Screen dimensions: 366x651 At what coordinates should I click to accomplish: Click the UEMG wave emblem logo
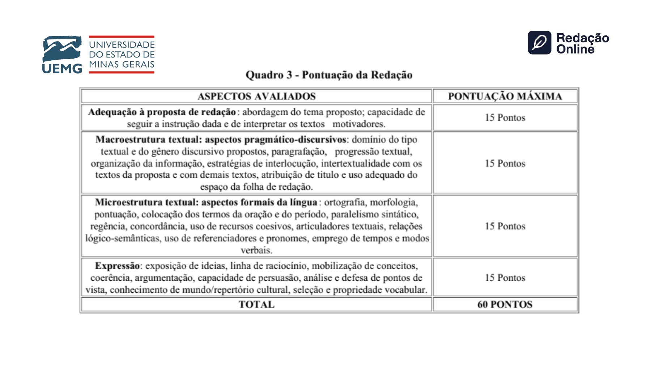[x=62, y=48]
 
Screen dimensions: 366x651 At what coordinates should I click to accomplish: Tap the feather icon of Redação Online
[x=539, y=43]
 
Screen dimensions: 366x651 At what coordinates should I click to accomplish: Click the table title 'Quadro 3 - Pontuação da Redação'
[x=329, y=75]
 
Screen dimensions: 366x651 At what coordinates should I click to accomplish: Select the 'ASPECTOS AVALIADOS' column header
[x=256, y=96]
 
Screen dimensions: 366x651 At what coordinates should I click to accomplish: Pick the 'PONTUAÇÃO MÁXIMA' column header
[x=505, y=96]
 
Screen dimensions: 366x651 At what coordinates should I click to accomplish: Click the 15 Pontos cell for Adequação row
[x=505, y=117]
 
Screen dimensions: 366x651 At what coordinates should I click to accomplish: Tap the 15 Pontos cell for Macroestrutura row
[x=505, y=163]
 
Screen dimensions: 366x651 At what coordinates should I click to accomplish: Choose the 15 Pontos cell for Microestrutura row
[x=505, y=226]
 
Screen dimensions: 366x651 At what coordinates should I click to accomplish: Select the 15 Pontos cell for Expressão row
[x=505, y=277]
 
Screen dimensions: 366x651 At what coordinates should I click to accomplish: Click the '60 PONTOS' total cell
[x=505, y=304]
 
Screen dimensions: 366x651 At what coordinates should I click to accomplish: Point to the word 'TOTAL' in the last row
[x=256, y=304]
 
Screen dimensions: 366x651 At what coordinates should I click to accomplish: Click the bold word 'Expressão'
[x=117, y=266]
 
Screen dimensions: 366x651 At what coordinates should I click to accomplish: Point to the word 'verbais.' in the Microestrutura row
[x=256, y=250]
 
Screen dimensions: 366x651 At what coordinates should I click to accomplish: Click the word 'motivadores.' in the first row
[x=359, y=124]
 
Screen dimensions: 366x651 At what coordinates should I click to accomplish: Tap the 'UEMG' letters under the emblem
[x=62, y=69]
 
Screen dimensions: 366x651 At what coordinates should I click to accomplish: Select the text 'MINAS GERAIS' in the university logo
[x=122, y=64]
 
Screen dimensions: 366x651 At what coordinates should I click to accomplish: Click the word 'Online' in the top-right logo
[x=575, y=49]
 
